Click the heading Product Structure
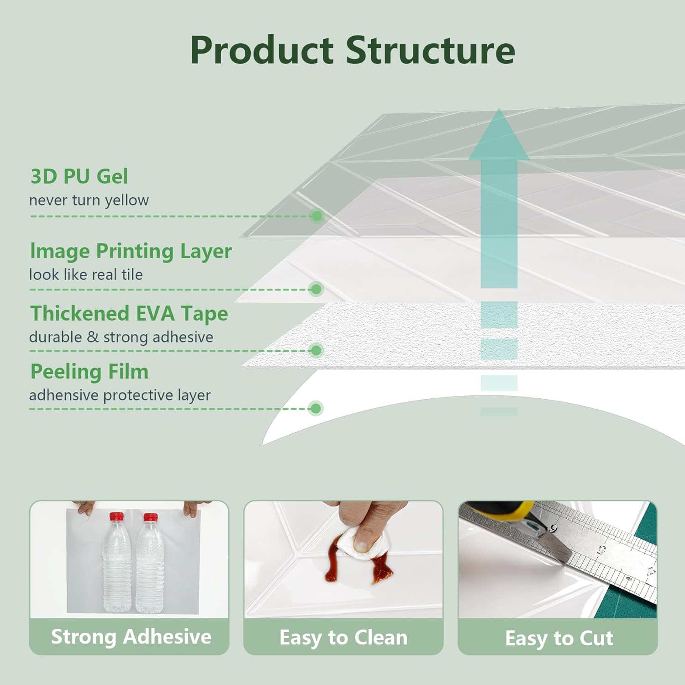pyautogui.click(x=353, y=50)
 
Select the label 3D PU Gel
pyautogui.click(x=79, y=177)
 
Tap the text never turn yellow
pyautogui.click(x=89, y=200)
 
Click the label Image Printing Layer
pyautogui.click(x=131, y=251)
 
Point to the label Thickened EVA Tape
pyautogui.click(x=129, y=314)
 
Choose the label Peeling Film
pyautogui.click(x=90, y=372)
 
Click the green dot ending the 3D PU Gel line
pyautogui.click(x=316, y=216)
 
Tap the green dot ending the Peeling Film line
pyautogui.click(x=316, y=408)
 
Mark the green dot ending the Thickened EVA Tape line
pyautogui.click(x=316, y=350)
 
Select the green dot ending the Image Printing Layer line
pyautogui.click(x=316, y=289)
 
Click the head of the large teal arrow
pyautogui.click(x=499, y=137)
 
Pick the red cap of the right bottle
pyautogui.click(x=150, y=517)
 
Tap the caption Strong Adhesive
pyautogui.click(x=131, y=637)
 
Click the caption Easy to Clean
pyautogui.click(x=343, y=638)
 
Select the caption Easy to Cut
pyautogui.click(x=559, y=638)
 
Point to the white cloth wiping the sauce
pyautogui.click(x=358, y=543)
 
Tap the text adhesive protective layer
pyautogui.click(x=120, y=395)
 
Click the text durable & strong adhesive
pyautogui.click(x=121, y=337)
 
